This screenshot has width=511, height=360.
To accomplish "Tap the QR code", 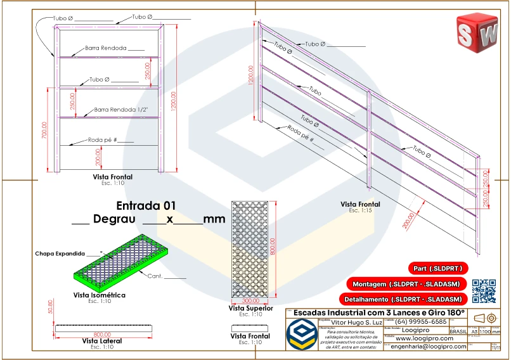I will [x=484, y=290].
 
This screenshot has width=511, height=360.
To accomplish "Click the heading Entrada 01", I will [x=146, y=205].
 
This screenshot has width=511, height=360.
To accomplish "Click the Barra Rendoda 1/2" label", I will [x=121, y=110].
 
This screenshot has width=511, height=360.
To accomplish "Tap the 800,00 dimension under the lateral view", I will [x=101, y=334].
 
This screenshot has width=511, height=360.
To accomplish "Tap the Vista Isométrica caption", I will [x=100, y=295].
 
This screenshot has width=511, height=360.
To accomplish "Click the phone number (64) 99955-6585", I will [x=420, y=322].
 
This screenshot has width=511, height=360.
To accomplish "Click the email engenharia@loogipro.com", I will [x=428, y=347].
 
